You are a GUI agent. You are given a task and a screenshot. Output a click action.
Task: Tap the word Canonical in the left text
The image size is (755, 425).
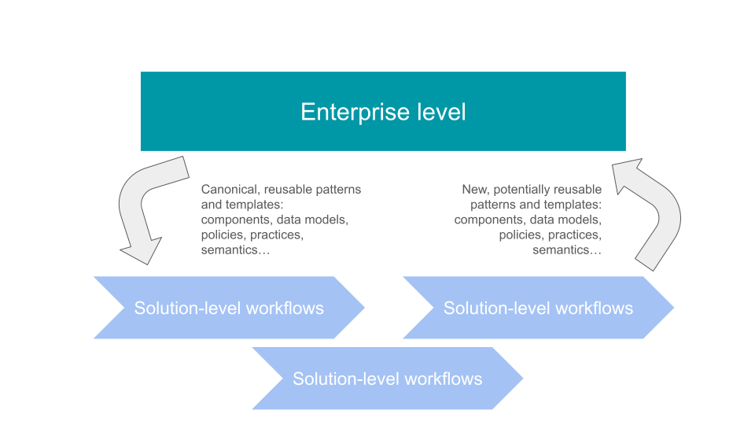tap(230, 190)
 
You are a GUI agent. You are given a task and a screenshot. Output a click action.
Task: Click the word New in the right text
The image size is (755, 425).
tap(475, 190)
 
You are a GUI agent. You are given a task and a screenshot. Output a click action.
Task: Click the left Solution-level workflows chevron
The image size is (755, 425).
tap(228, 308)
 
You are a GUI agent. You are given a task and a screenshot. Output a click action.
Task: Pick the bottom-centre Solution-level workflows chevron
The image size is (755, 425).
tap(387, 379)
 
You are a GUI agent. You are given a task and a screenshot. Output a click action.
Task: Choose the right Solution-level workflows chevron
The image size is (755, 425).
tap(538, 308)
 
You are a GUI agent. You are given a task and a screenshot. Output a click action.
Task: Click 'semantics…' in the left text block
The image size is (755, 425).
tap(237, 249)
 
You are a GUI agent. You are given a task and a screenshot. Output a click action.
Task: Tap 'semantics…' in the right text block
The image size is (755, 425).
tap(567, 249)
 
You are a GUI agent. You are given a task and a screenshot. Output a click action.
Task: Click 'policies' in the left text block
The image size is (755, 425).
tap(223, 235)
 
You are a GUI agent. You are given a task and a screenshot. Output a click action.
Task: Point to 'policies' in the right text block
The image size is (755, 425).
tap(520, 235)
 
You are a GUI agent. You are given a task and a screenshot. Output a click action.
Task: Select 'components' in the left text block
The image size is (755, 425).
tap(237, 220)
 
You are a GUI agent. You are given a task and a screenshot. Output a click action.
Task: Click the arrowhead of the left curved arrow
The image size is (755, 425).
tap(144, 250)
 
